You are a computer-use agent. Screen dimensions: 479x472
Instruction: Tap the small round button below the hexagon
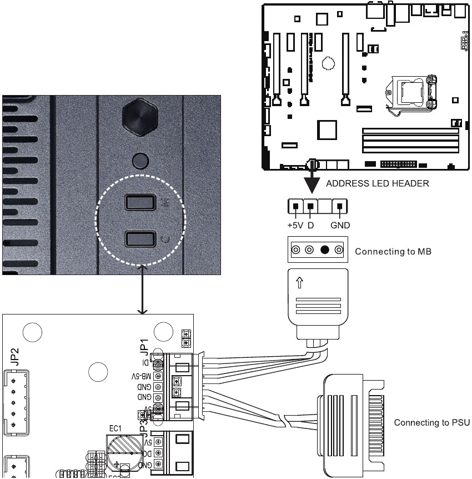[141, 160]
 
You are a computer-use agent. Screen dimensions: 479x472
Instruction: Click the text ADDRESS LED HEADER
[377, 184]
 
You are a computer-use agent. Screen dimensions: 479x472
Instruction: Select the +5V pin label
[295, 226]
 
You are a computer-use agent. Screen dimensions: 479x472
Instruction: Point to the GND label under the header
[339, 226]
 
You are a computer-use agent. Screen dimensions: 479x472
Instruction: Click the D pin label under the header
[310, 226]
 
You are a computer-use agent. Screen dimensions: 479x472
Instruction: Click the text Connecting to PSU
[431, 423]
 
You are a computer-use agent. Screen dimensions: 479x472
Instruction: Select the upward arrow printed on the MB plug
[300, 283]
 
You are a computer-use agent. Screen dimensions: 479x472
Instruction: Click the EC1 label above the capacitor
[116, 428]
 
